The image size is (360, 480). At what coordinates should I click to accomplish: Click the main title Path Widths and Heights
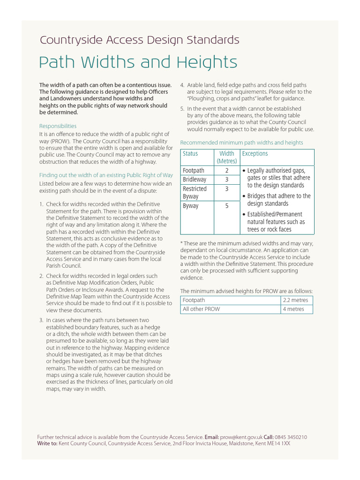pyautogui.click(x=138, y=62)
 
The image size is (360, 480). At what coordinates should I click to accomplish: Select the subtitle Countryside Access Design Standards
pyautogui.click(x=139, y=40)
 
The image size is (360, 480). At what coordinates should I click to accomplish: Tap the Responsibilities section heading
pyautogui.click(x=58, y=126)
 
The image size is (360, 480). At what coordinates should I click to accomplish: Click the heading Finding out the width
pyautogui.click(x=106, y=175)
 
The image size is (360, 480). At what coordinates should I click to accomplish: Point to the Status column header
pyautogui.click(x=190, y=154)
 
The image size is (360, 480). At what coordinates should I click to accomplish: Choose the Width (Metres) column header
pyautogui.click(x=227, y=157)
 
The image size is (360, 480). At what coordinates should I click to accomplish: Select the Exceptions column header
pyautogui.click(x=255, y=154)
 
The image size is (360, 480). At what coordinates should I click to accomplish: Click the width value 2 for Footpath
pyautogui.click(x=227, y=171)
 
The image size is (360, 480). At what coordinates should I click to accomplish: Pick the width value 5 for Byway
pyautogui.click(x=227, y=206)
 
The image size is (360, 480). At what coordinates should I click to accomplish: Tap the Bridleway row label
pyautogui.click(x=195, y=180)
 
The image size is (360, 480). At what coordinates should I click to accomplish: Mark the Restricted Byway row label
pyautogui.click(x=195, y=193)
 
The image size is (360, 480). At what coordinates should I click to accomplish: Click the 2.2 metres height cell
pyautogui.click(x=295, y=300)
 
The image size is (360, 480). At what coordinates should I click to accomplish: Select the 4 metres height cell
pyautogui.click(x=293, y=309)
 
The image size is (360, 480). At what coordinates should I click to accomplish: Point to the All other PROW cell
pyautogui.click(x=201, y=309)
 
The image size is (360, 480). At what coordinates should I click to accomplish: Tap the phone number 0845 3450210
pyautogui.click(x=291, y=437)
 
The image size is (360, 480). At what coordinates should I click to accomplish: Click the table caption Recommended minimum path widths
pyautogui.click(x=241, y=142)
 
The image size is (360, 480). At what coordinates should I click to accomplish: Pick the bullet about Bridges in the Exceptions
pyautogui.click(x=278, y=200)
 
